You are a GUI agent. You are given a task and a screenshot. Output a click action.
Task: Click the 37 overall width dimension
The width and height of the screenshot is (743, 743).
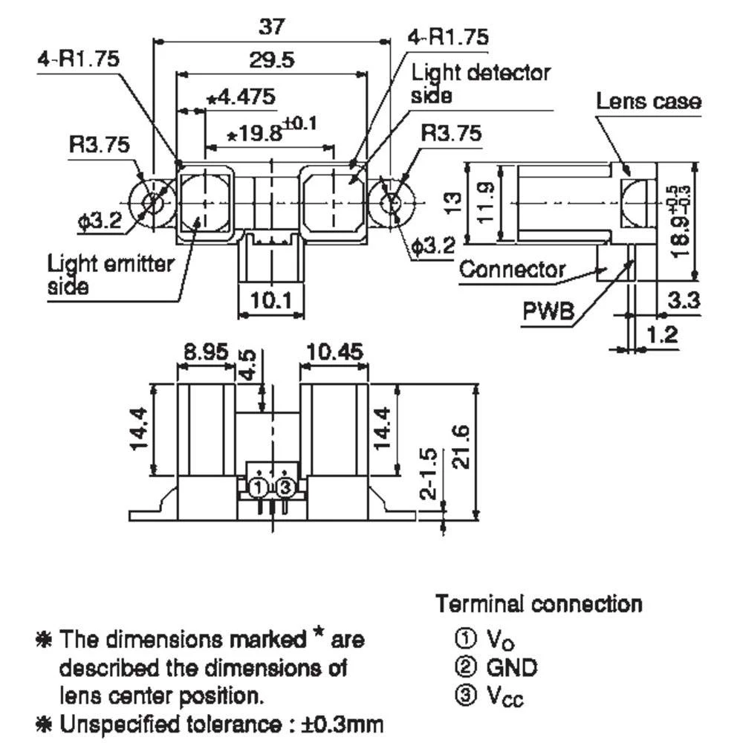271,27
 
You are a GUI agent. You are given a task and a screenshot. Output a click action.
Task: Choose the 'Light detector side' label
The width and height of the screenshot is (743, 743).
481,83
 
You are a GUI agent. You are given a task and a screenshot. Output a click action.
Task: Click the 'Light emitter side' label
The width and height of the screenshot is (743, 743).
111,274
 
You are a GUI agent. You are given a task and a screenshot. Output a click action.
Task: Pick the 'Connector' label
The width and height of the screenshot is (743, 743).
512,269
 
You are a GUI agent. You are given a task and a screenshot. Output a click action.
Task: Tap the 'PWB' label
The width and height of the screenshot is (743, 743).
549,311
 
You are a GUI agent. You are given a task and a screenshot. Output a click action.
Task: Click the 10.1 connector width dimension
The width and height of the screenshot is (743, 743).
271,301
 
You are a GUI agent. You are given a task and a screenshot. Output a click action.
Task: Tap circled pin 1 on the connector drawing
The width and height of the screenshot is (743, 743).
257,488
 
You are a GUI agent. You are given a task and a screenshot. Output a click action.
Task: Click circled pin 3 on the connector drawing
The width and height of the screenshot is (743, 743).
285,488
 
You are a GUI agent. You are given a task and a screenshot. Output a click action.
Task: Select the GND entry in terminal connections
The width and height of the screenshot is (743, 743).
511,667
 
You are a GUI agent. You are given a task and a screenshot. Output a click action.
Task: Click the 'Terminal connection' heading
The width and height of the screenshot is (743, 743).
539,603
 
